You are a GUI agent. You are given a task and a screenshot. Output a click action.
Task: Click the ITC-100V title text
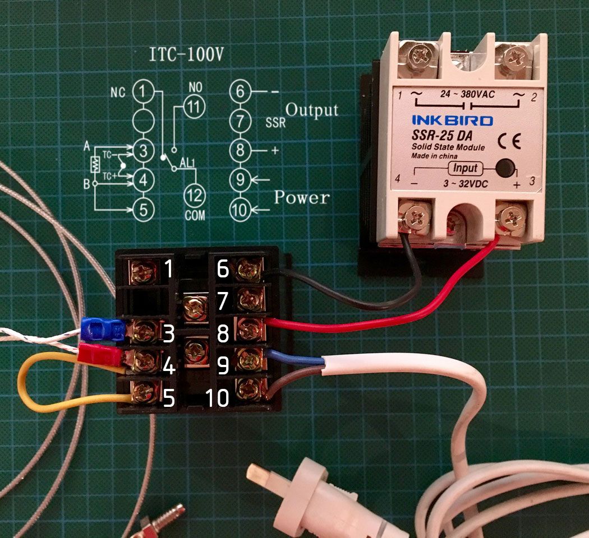(x=181, y=55)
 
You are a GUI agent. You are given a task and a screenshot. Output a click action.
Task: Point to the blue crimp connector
(x=103, y=330)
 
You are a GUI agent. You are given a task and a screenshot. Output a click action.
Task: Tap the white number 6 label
(x=223, y=270)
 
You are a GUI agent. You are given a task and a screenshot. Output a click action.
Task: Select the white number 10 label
(x=217, y=398)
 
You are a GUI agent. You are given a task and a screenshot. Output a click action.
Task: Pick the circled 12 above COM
(x=194, y=193)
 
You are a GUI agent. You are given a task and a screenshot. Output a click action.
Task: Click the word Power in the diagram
(x=302, y=198)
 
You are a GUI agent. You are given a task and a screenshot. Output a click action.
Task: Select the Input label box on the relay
(x=466, y=168)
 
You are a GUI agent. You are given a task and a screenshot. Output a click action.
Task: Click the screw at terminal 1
(x=144, y=272)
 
